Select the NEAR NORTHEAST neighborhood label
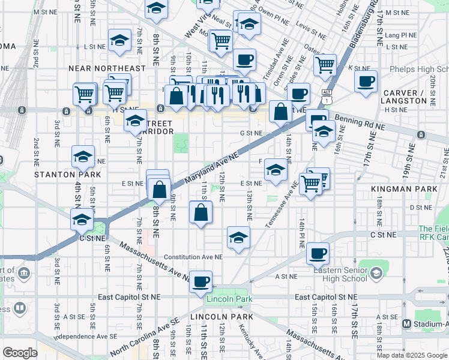107,69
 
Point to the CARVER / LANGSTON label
403,97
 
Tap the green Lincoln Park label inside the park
227,299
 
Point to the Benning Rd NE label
360,122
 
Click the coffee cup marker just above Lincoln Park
200,280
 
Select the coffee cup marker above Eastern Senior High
318,252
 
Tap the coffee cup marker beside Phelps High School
366,80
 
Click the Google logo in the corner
20,353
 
